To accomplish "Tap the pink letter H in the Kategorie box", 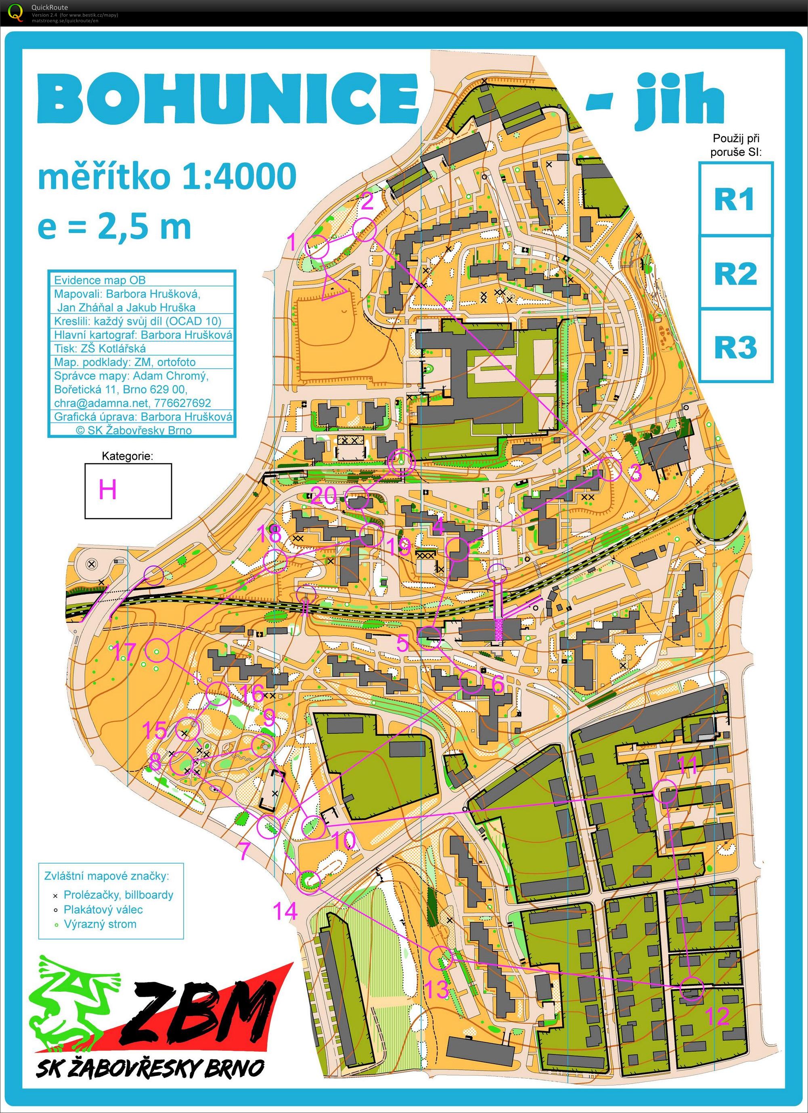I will [107, 489].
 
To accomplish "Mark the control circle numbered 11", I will [665, 792].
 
